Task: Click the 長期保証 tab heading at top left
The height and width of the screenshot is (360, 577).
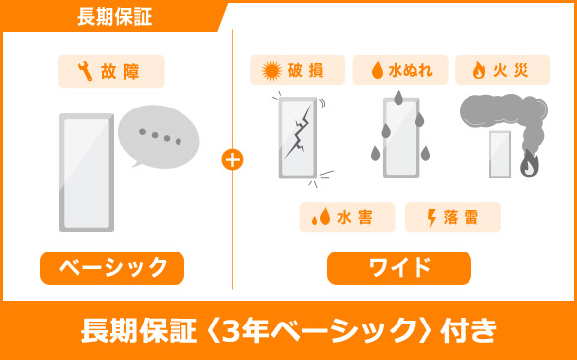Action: (x=114, y=17)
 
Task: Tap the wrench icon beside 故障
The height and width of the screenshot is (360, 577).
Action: (x=85, y=71)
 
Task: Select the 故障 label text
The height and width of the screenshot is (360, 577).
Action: (x=120, y=71)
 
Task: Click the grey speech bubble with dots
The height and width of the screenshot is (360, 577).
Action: (x=159, y=136)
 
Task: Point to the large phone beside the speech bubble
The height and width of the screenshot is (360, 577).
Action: (x=87, y=173)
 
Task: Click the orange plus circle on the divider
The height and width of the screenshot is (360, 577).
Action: (x=232, y=160)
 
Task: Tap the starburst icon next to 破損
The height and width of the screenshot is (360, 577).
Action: (x=271, y=71)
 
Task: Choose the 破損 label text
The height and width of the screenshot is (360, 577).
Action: (x=306, y=70)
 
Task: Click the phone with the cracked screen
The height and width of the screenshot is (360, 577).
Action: (x=298, y=137)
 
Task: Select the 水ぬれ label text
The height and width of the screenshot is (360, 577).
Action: (x=410, y=70)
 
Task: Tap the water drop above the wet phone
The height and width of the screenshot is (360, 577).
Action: (x=398, y=98)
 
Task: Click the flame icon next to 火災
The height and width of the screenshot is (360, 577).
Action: (x=478, y=70)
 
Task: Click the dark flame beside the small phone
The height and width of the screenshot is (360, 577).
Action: (x=529, y=163)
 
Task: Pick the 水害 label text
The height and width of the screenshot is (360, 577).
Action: (x=355, y=217)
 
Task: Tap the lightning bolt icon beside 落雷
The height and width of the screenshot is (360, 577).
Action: (x=432, y=218)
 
